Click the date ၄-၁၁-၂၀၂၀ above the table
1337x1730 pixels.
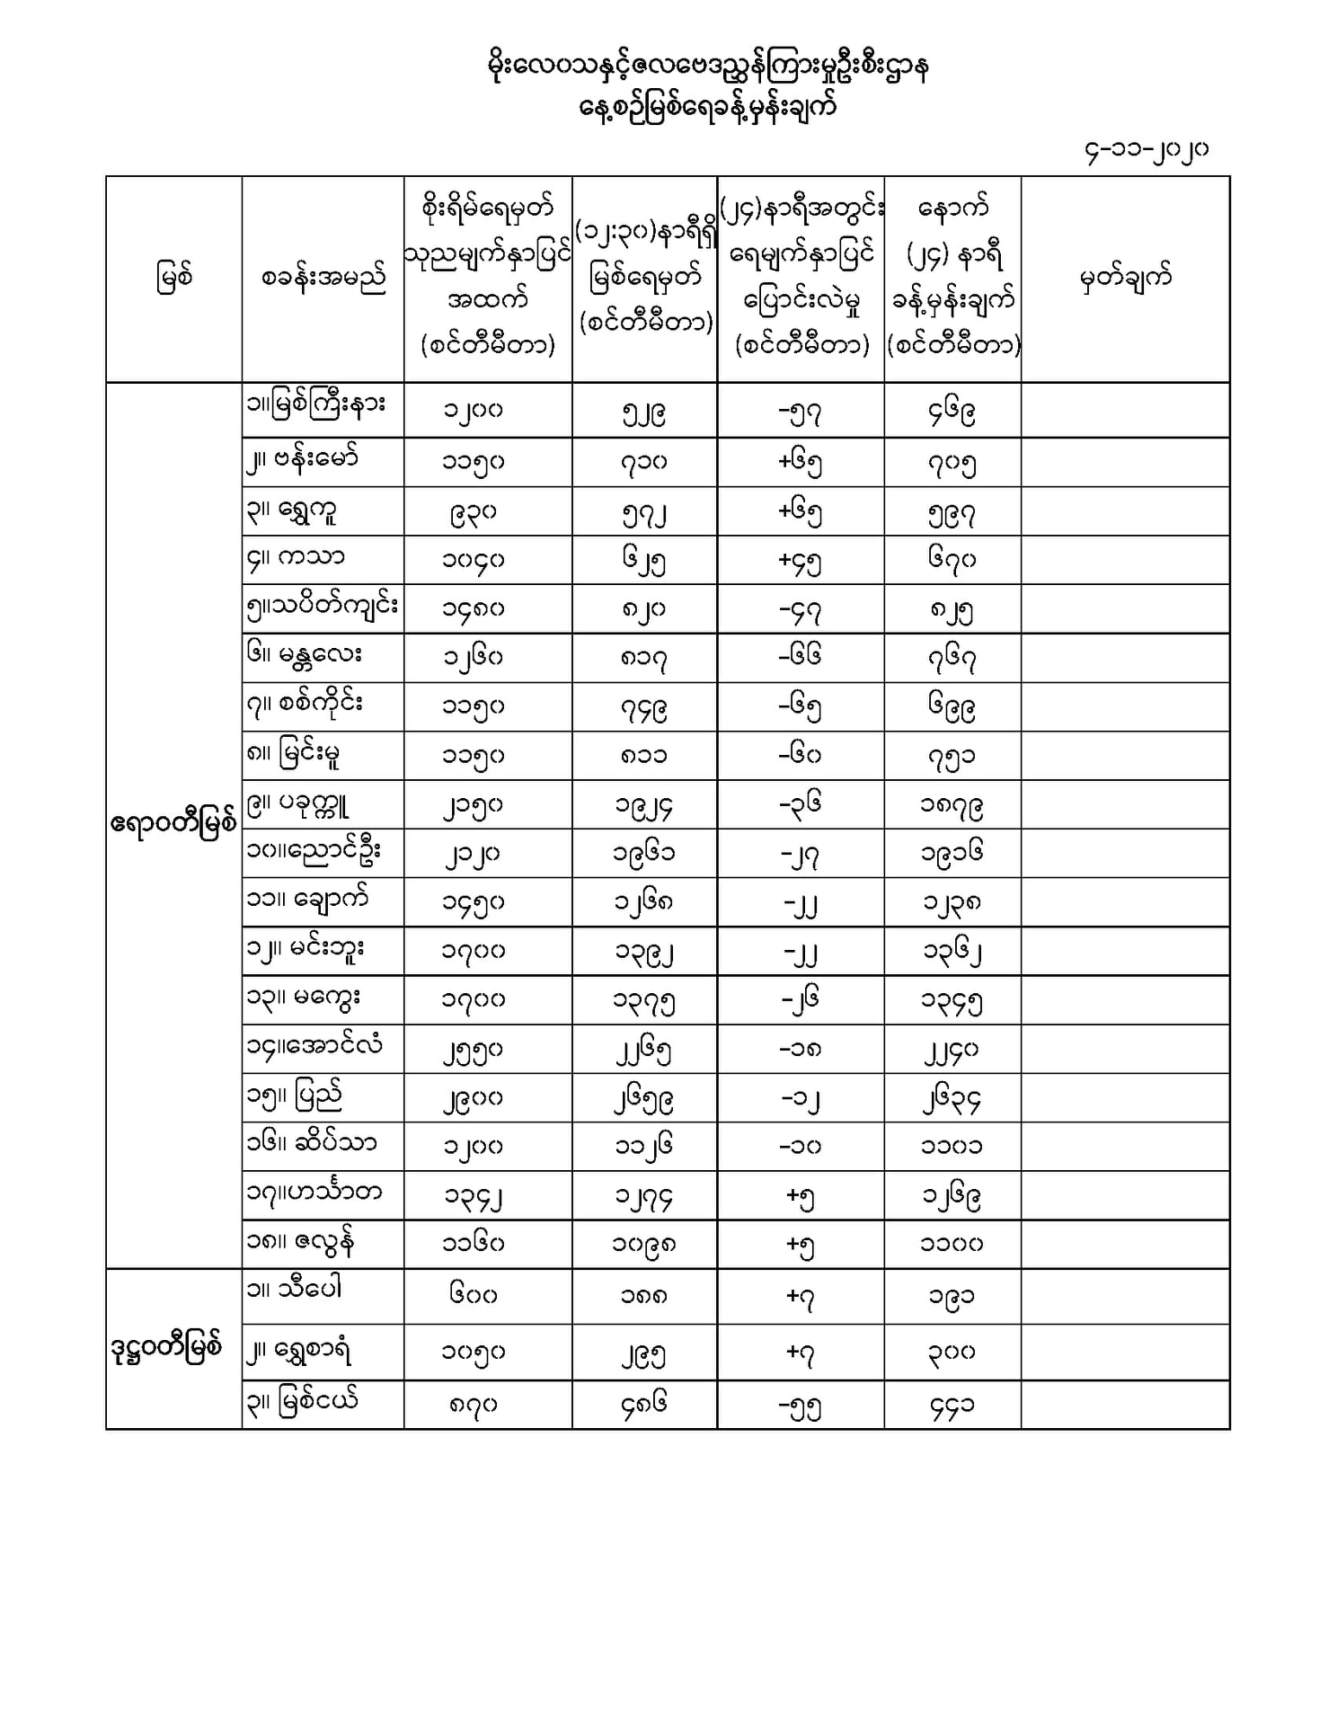tap(1146, 151)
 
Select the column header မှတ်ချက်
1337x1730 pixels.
tap(1125, 278)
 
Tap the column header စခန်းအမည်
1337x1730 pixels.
tap(323, 279)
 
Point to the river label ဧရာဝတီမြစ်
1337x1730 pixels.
tap(173, 823)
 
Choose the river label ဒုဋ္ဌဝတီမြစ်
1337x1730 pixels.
tap(167, 1348)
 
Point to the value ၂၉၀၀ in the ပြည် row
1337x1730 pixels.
tap(473, 1097)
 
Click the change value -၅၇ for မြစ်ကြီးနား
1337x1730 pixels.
tap(800, 413)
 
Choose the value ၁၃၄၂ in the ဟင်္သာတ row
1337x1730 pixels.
tap(473, 1196)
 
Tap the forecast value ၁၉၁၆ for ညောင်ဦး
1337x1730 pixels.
tap(952, 852)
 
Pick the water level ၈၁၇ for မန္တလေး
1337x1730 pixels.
tap(643, 659)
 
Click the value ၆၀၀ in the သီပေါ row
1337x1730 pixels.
tap(473, 1295)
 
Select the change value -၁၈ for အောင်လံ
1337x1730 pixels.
tap(800, 1048)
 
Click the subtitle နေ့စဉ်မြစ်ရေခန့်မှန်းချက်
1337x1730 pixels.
tap(708, 108)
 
